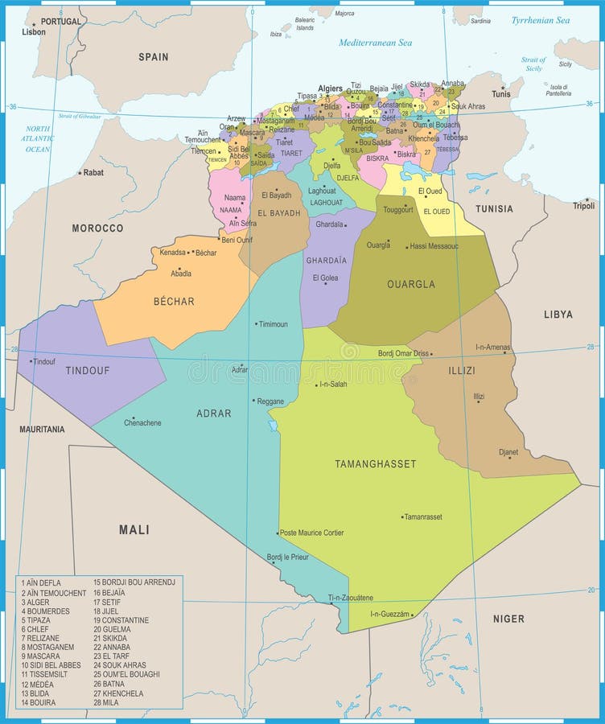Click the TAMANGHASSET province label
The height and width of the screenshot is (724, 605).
click(375, 464)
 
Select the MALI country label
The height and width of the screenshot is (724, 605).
click(134, 529)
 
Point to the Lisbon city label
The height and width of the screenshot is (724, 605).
click(34, 33)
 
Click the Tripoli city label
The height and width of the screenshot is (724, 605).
click(583, 206)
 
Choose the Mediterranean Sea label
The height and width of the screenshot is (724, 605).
click(375, 43)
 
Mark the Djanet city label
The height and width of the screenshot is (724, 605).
click(508, 452)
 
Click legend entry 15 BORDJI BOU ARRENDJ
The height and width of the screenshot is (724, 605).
click(134, 582)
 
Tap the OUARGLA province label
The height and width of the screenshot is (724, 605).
click(411, 284)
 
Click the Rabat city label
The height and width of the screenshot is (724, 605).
click(94, 172)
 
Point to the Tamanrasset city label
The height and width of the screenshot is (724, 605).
click(423, 516)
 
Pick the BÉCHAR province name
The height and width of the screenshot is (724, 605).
click(174, 302)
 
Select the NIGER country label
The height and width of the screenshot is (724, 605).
click(508, 619)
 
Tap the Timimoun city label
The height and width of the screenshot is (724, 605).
click(273, 324)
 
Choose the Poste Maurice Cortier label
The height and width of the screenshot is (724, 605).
click(312, 533)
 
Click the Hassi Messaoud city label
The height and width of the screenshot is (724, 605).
click(434, 245)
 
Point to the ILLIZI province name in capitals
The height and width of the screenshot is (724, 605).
click(461, 371)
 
